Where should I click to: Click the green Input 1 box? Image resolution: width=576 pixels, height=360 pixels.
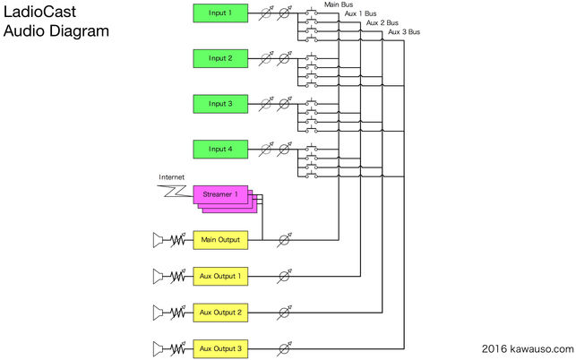[220, 13]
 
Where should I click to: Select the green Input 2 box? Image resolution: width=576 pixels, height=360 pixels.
[220, 58]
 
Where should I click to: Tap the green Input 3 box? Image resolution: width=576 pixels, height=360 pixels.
[220, 104]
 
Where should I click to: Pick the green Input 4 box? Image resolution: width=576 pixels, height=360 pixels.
[220, 150]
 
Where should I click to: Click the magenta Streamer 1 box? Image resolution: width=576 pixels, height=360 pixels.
[220, 194]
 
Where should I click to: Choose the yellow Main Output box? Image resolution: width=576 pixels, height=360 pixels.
[220, 240]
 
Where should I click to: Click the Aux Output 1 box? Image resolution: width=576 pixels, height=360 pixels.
[220, 276]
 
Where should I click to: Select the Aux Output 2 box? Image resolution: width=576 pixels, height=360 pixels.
[220, 313]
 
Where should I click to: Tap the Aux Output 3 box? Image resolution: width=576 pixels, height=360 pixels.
[220, 348]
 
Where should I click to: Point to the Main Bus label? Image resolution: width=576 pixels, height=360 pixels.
[339, 4]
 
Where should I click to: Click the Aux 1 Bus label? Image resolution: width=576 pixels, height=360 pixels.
[360, 13]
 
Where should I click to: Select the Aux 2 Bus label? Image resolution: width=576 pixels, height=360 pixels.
[382, 22]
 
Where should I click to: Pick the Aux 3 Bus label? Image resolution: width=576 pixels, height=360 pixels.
[404, 32]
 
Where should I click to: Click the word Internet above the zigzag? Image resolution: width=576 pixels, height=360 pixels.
[172, 177]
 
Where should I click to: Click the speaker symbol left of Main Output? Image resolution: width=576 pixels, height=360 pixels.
[158, 240]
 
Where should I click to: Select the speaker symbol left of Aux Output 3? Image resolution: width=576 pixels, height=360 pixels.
[158, 349]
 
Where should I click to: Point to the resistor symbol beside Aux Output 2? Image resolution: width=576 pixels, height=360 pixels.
[177, 313]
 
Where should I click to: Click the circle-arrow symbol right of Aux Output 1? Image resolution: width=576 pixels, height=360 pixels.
[284, 276]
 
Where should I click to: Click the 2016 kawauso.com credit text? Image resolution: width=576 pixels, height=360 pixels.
[528, 349]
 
